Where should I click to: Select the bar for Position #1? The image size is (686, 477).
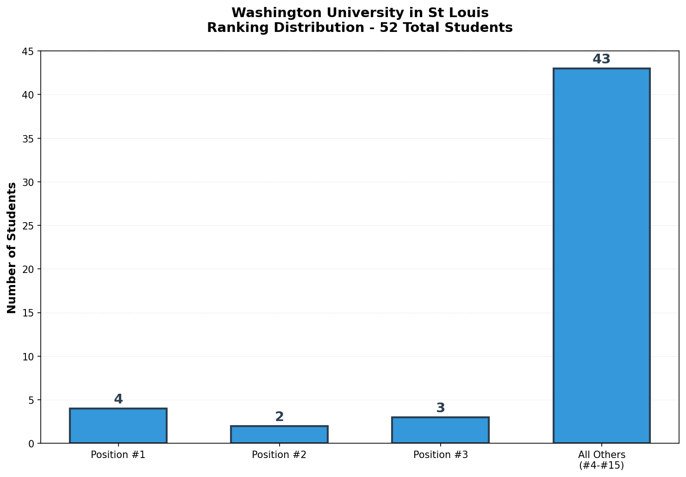tap(118, 426)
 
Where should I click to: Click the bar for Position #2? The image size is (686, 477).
tap(279, 434)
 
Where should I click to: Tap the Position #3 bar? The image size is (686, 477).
tap(440, 430)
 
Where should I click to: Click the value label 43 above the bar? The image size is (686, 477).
tap(601, 60)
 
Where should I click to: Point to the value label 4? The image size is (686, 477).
tap(118, 399)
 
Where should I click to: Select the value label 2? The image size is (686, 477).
tap(279, 417)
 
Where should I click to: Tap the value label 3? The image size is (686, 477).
tap(440, 408)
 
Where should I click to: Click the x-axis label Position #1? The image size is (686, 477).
tap(118, 455)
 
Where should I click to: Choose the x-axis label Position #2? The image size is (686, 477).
tap(279, 455)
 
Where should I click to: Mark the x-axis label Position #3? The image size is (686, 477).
tap(440, 455)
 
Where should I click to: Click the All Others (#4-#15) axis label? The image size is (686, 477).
tap(601, 460)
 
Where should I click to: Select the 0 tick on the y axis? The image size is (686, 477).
tap(31, 444)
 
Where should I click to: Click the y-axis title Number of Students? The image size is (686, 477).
tap(12, 248)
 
